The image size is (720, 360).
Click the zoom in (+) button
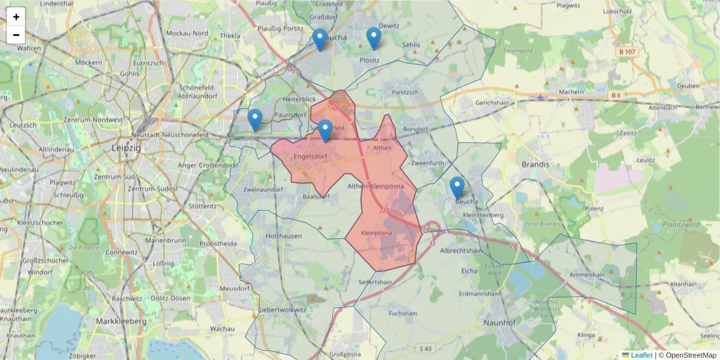pyautogui.click(x=16, y=17)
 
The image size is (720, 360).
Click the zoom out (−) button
pyautogui.click(x=16, y=35)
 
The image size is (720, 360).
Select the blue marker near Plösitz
pyautogui.click(x=374, y=38)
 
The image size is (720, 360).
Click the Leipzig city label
pyautogui.click(x=126, y=147)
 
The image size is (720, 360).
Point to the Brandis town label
pyautogui.click(x=535, y=164)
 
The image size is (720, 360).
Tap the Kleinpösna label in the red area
pyautogui.click(x=377, y=232)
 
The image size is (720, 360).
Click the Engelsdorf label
pyautogui.click(x=310, y=157)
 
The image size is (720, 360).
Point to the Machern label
pyautogui.click(x=571, y=92)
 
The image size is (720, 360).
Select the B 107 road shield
pyautogui.click(x=626, y=52)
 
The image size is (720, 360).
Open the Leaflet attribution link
pyautogui.click(x=641, y=355)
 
